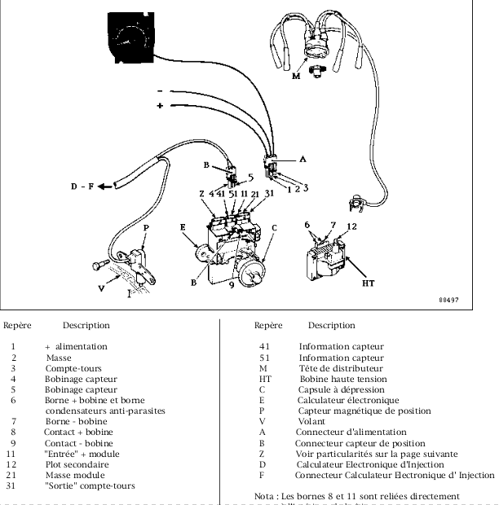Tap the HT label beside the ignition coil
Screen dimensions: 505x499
(368, 283)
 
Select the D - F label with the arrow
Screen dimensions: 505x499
(84, 187)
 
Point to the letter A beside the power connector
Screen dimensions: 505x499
(302, 160)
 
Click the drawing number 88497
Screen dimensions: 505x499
(448, 300)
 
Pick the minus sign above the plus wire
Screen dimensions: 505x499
(161, 90)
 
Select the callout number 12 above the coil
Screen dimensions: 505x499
(351, 226)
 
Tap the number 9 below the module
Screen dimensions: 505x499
(232, 284)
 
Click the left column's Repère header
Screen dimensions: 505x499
(18, 325)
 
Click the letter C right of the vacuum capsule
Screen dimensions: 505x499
(274, 228)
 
